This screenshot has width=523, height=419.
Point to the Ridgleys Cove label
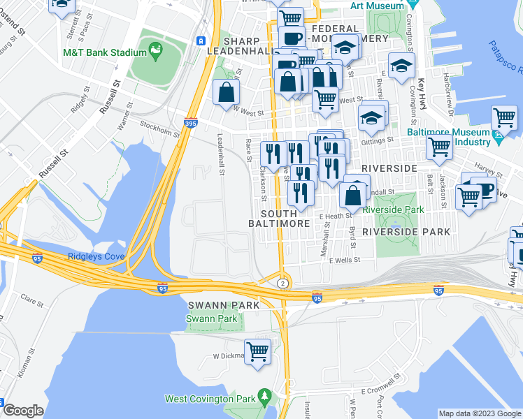(x=96, y=256)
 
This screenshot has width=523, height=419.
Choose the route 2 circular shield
(x=282, y=283)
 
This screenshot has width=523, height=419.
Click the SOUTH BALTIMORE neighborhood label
(x=279, y=218)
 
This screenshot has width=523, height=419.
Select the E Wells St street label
(x=345, y=260)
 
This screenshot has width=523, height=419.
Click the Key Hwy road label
(x=422, y=91)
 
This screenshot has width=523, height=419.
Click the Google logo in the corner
(x=22, y=411)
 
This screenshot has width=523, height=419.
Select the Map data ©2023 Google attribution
(x=479, y=413)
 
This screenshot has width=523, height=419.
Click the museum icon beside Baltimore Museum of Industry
(x=497, y=138)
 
